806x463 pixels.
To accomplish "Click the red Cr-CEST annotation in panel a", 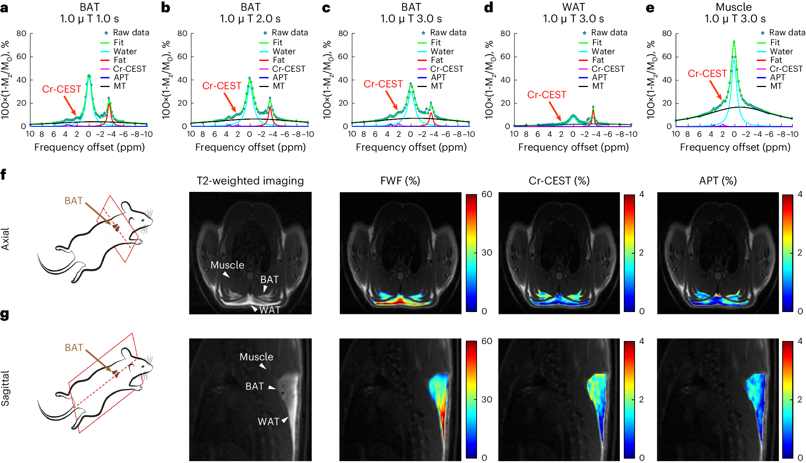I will pyautogui.click(x=61, y=89).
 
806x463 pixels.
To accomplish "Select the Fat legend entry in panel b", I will pyautogui.click(x=278, y=60).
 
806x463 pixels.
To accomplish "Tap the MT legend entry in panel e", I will pyautogui.click(x=776, y=86).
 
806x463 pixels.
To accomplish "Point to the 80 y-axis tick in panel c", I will pyautogui.click(x=343, y=33).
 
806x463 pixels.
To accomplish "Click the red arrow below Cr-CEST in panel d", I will pyautogui.click(x=555, y=111).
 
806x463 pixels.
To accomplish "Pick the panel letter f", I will pyautogui.click(x=3, y=174).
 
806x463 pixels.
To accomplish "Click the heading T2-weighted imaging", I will pyautogui.click(x=250, y=181).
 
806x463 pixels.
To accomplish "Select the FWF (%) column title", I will pyautogui.click(x=400, y=181).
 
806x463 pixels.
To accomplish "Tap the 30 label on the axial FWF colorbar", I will pyautogui.click(x=487, y=253).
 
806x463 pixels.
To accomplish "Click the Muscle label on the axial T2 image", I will pyautogui.click(x=227, y=265).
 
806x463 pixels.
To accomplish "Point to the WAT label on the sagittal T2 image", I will pyautogui.click(x=268, y=422).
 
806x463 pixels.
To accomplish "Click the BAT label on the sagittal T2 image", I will pyautogui.click(x=255, y=386).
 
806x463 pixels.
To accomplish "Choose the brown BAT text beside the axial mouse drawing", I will pyautogui.click(x=73, y=201).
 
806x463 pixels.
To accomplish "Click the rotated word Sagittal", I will pyautogui.click(x=5, y=388).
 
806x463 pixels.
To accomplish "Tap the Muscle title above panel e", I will pyautogui.click(x=734, y=7).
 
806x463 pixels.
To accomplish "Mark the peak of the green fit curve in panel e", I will pyautogui.click(x=734, y=41).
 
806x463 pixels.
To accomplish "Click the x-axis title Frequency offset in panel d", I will pyautogui.click(x=573, y=147).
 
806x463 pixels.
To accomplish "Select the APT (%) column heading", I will pyautogui.click(x=718, y=181).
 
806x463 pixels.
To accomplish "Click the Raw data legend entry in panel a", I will pyautogui.click(x=130, y=33).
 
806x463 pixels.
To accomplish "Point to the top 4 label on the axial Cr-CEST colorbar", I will pyautogui.click(x=641, y=194).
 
